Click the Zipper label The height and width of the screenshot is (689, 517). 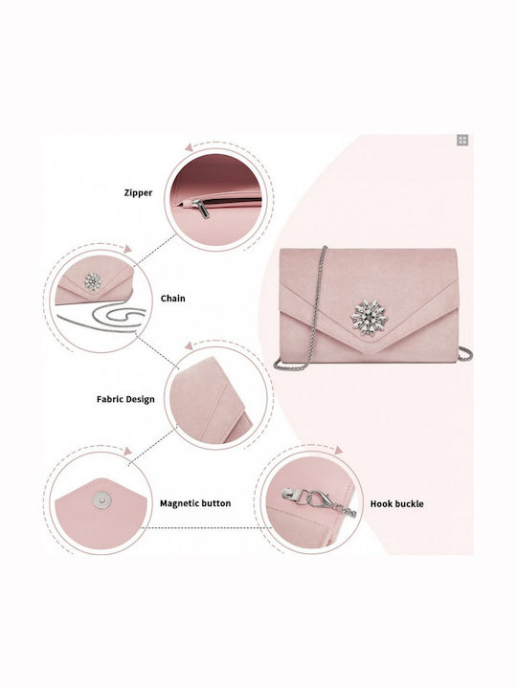pos(138,192)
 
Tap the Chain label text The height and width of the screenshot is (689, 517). pos(172,299)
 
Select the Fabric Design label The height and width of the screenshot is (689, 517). pos(125,399)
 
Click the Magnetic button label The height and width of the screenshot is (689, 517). pos(195,503)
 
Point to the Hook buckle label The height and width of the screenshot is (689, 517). pos(397,503)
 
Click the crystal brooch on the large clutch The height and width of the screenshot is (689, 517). pos(369,318)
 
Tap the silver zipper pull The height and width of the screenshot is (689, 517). pos(203,209)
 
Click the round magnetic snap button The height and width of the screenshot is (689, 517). pos(101,500)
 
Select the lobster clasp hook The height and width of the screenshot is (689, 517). pos(319,499)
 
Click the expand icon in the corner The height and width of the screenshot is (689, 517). pos(462,140)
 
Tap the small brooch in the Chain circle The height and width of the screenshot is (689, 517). pos(92,281)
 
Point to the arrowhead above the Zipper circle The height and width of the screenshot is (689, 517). pos(190,147)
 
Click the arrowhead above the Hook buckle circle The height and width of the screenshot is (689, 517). pos(339,450)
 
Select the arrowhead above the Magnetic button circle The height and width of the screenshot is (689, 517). pos(127,452)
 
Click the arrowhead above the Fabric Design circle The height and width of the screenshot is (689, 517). pos(189,345)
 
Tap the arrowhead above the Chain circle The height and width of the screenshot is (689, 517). pos(127,249)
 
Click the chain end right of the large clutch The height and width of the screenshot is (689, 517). pos(465,354)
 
